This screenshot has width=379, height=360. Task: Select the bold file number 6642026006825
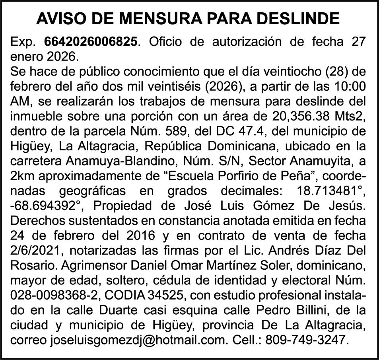pos(93,41)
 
